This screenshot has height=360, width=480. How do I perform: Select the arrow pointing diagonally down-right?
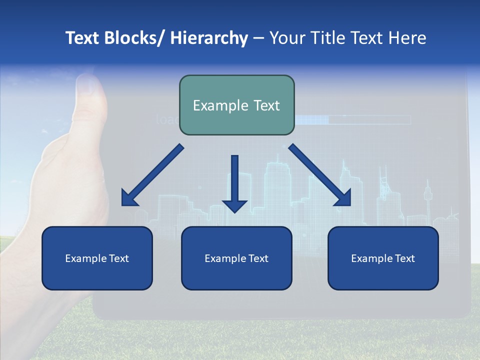320,175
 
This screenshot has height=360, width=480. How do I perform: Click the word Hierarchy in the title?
209,38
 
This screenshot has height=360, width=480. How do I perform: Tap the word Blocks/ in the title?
133,38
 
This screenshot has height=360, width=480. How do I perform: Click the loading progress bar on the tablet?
352,119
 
